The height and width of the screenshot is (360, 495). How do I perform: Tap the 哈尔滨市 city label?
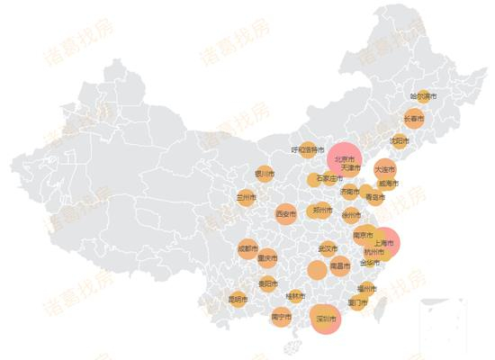[423, 95]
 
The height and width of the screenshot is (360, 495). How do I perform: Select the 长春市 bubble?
[413, 118]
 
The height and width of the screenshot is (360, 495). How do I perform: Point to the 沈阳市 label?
[400, 140]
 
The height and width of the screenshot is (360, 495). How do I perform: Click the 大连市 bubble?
[384, 169]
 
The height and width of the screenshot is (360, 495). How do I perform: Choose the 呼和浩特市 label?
[308, 149]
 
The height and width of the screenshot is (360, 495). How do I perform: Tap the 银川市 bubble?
[264, 173]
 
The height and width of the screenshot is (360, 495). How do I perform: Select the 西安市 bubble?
[286, 214]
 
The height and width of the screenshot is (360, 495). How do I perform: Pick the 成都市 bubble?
[248, 248]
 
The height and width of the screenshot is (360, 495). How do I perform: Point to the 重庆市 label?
[267, 257]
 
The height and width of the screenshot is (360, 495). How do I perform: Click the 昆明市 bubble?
[238, 299]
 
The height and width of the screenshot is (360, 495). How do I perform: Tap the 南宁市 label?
[281, 317]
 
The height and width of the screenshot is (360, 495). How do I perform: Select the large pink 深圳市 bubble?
[326, 319]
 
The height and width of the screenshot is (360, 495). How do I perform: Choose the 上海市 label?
[384, 243]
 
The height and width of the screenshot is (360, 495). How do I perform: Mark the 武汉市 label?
[328, 248]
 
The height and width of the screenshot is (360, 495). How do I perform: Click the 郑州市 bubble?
[319, 210]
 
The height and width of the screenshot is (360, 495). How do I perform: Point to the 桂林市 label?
[295, 295]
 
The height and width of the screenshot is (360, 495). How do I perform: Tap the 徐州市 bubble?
[351, 214]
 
